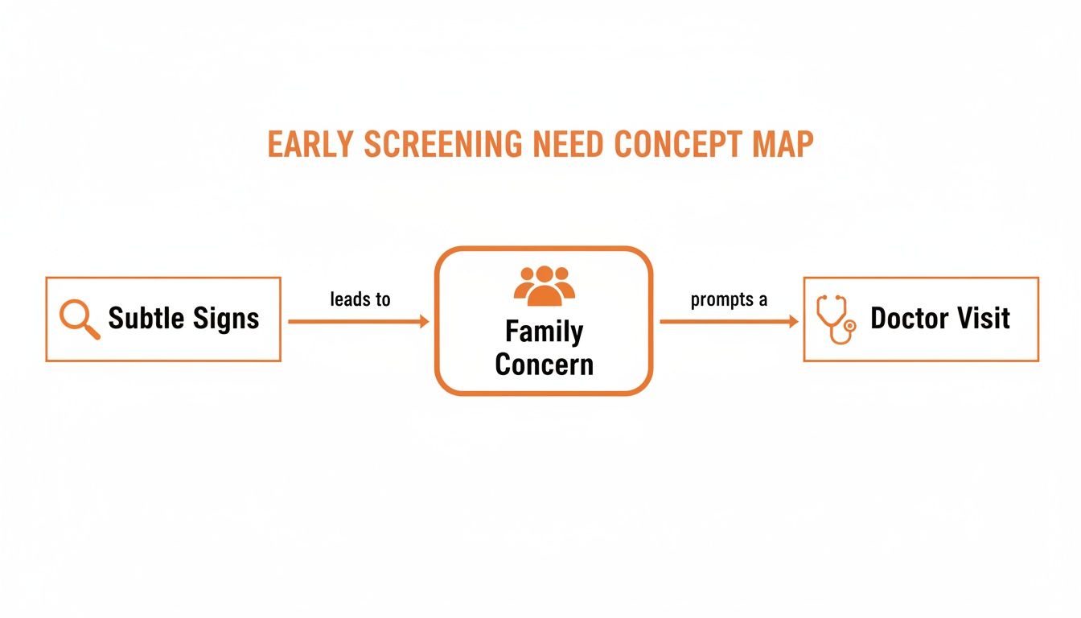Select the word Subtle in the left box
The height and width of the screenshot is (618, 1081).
(145, 318)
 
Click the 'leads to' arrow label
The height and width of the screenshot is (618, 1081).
(360, 299)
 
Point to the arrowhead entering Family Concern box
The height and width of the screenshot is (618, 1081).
(425, 322)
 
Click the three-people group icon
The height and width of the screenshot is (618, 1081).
(544, 286)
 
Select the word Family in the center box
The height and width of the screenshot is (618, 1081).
(544, 332)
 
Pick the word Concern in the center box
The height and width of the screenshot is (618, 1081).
(544, 365)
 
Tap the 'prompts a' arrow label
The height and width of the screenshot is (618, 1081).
(729, 300)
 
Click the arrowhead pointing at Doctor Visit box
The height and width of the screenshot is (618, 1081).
(793, 322)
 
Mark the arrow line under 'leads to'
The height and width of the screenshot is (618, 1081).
(354, 322)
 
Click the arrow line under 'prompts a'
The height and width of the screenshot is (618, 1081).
(724, 322)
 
